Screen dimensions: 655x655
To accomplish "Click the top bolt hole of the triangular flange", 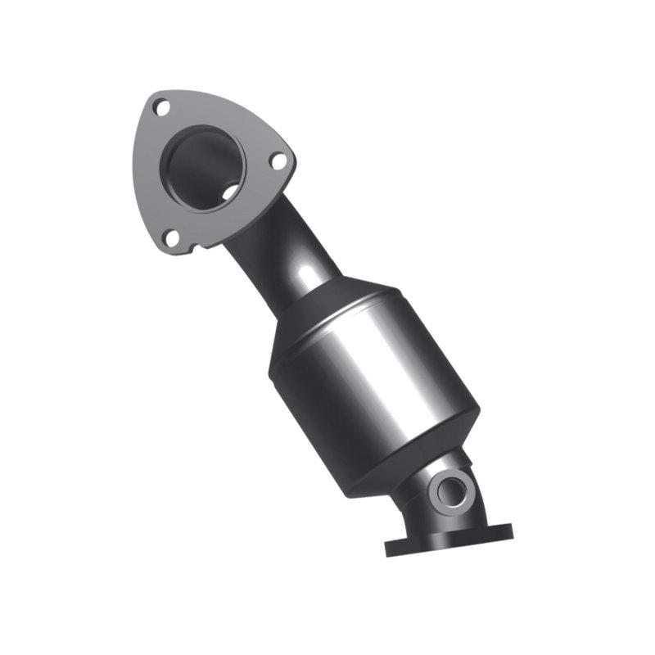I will [161, 106].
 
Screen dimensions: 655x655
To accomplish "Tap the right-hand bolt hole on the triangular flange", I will [278, 161].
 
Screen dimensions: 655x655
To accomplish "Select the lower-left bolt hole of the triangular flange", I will [171, 237].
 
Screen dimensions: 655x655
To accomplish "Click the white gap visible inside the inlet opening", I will [232, 193].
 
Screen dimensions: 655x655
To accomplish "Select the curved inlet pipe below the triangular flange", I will [278, 254].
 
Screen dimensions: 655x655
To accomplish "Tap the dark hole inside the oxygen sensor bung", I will [450, 492].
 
